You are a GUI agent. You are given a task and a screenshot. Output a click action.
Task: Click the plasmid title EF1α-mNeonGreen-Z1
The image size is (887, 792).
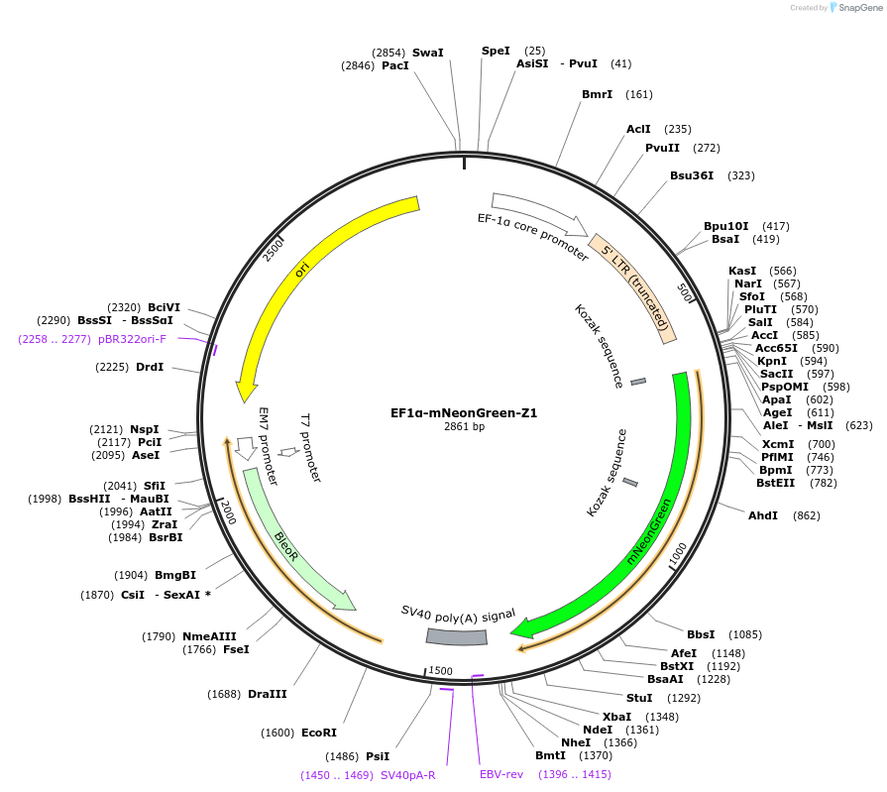click(464, 412)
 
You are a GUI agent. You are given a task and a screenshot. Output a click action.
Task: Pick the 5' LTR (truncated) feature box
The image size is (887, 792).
click(634, 286)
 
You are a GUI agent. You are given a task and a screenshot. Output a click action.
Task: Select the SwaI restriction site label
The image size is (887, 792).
click(428, 52)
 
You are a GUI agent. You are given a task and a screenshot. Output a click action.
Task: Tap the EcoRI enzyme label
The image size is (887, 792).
click(319, 733)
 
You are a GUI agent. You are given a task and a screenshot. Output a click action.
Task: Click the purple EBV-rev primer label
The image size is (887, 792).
click(501, 774)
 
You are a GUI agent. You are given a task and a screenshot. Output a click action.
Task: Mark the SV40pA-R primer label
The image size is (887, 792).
click(408, 775)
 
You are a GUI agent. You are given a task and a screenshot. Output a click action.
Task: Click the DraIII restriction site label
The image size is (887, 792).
click(268, 694)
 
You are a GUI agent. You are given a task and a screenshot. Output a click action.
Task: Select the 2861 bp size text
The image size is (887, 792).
click(464, 427)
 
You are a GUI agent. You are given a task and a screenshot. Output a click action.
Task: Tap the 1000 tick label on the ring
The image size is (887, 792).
click(677, 555)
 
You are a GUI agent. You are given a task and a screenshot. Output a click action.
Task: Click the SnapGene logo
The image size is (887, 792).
click(854, 8)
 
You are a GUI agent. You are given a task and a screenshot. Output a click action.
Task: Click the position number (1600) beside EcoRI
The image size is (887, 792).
click(277, 733)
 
